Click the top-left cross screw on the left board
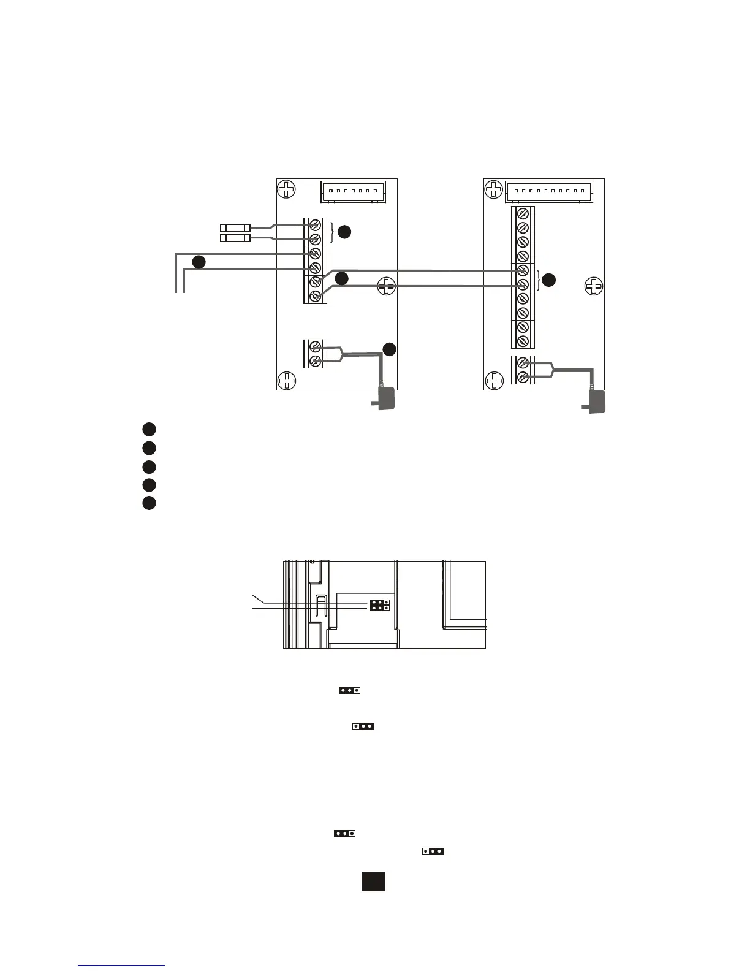pos(286,189)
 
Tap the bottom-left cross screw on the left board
pos(286,381)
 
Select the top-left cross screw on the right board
pos(494,189)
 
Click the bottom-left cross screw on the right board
pos(494,381)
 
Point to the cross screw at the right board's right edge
pos(593,286)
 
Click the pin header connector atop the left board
pos(353,191)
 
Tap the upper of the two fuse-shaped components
pos(235,228)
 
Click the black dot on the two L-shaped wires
pos(199,262)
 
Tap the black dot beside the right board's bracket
pos(549,280)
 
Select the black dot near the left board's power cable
pos(390,349)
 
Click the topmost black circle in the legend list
pos(149,429)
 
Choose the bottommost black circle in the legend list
pos(149,503)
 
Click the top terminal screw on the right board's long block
pos(523,213)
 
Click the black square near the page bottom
pos(373,881)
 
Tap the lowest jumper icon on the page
pos(433,851)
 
